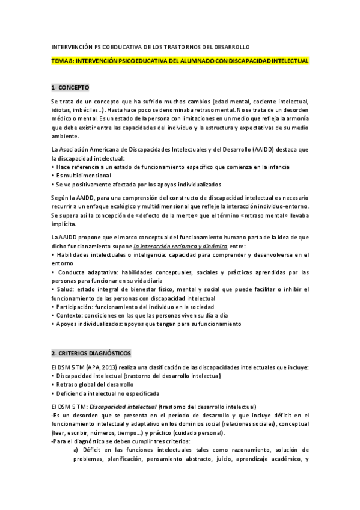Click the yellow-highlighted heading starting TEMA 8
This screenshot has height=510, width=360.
180,61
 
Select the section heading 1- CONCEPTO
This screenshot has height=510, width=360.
70,88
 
